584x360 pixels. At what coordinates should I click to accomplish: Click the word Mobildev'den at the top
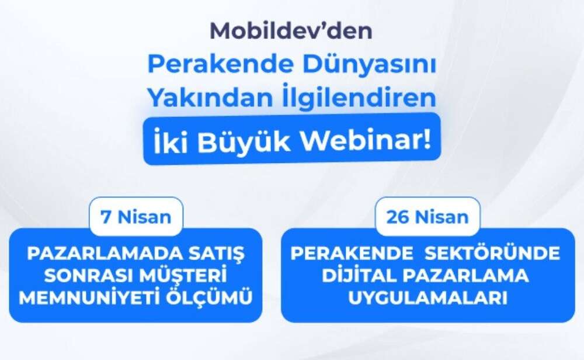[x=291, y=30]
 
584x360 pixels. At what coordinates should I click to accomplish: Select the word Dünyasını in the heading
[x=369, y=64]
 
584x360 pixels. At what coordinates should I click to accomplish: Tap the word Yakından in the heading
[x=210, y=97]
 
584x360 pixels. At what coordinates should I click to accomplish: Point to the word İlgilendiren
[x=358, y=96]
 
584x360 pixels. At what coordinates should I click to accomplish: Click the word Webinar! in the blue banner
[x=366, y=140]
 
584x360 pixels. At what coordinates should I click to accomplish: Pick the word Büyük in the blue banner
[x=244, y=141]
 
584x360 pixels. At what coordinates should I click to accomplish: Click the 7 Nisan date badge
[x=136, y=216]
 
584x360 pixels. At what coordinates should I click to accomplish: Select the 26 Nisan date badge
[x=427, y=216]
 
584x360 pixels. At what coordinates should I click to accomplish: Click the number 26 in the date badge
[x=397, y=217]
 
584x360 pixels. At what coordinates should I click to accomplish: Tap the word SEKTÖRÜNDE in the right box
[x=492, y=252]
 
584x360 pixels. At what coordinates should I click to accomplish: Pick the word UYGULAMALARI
[x=427, y=298]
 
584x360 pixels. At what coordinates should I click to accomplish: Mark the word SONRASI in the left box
[x=88, y=276]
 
